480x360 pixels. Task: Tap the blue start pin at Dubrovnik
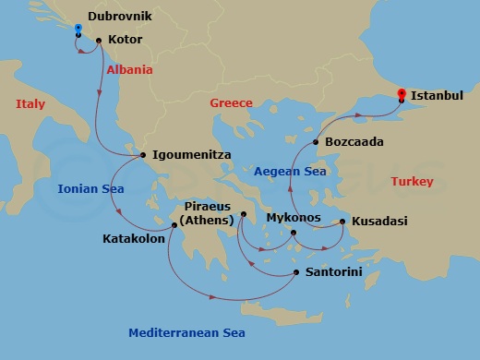[x=78, y=30]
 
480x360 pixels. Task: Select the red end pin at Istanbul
[x=401, y=94]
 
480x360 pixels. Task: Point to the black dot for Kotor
[x=99, y=41]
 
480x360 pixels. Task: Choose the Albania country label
[x=129, y=70]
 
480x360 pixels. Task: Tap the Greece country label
[x=231, y=103]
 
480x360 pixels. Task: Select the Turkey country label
[x=412, y=182]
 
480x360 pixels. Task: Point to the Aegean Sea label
[x=291, y=171]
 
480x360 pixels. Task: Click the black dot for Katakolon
[x=173, y=224]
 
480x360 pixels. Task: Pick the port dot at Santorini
[x=295, y=272]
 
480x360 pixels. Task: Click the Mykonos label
[x=293, y=218]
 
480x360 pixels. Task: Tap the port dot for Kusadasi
[x=342, y=222]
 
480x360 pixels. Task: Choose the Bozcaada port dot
[x=316, y=143]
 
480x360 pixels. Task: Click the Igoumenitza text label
[x=191, y=155]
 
